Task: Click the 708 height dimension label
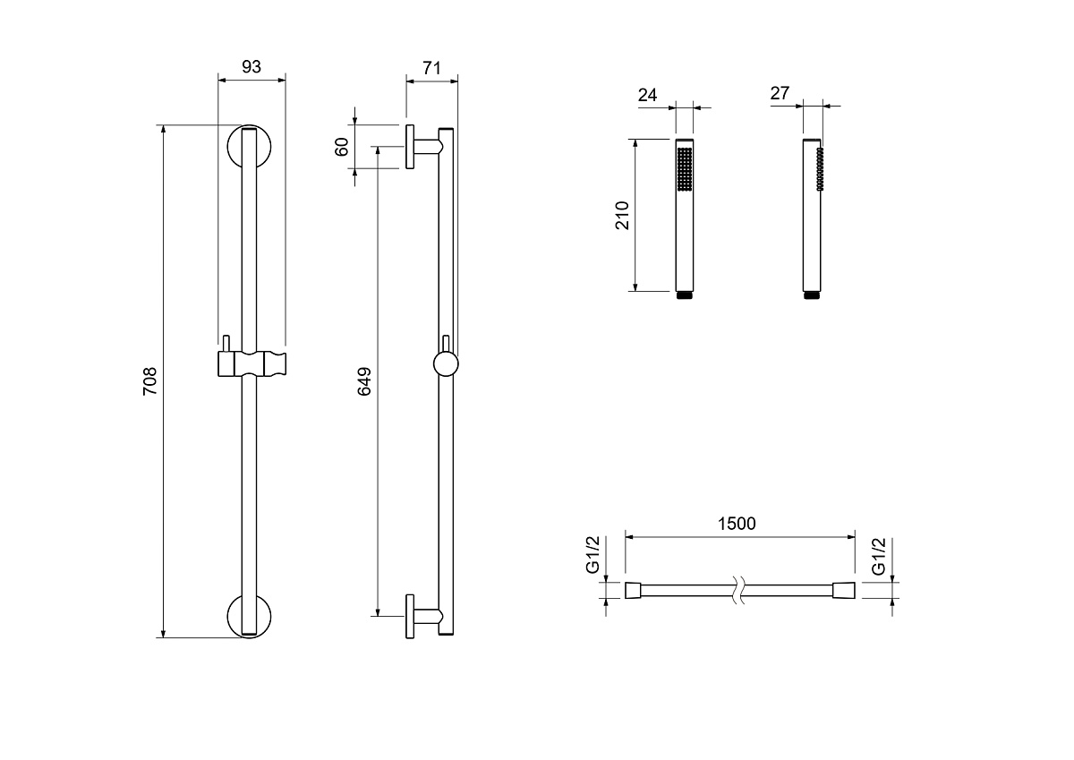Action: tap(150, 381)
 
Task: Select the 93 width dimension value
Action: tap(251, 66)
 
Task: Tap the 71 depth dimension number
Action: tap(431, 68)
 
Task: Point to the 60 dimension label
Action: tap(341, 147)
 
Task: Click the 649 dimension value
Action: tap(364, 381)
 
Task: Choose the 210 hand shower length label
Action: tap(622, 216)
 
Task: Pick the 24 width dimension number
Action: tap(647, 95)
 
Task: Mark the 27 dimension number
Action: tap(780, 93)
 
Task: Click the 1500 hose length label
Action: tap(737, 524)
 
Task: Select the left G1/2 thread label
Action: tap(592, 555)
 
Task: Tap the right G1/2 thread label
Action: tap(878, 556)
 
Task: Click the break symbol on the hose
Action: tap(739, 590)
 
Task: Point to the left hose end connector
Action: tap(633, 590)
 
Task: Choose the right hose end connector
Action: tap(843, 590)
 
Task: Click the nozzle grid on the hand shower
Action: tap(685, 169)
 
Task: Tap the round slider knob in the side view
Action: tap(446, 364)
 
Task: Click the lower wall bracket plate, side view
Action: tap(410, 616)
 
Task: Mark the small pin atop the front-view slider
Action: tap(226, 344)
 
